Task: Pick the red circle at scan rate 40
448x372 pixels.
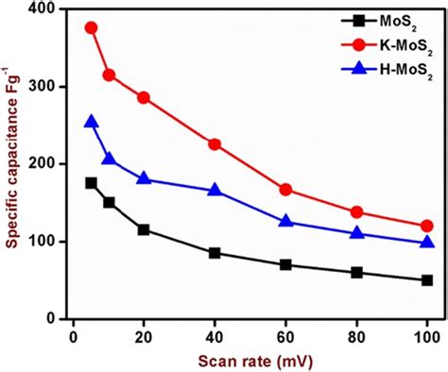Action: click(x=215, y=144)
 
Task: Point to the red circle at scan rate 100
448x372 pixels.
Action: click(x=426, y=226)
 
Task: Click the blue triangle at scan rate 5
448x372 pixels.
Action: click(x=92, y=122)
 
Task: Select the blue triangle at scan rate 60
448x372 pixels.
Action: click(x=285, y=222)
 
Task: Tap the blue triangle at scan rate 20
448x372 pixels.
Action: click(x=144, y=178)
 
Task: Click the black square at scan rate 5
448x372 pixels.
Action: click(x=92, y=183)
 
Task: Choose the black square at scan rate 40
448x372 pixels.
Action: click(x=215, y=253)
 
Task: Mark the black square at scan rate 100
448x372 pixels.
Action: click(x=426, y=280)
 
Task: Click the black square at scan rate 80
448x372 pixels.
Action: click(x=356, y=272)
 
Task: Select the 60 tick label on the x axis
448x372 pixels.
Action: click(x=285, y=333)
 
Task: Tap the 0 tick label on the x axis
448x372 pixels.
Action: click(x=73, y=333)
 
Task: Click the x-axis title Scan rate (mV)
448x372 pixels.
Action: click(x=250, y=358)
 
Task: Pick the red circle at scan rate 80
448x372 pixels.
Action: click(x=356, y=212)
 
